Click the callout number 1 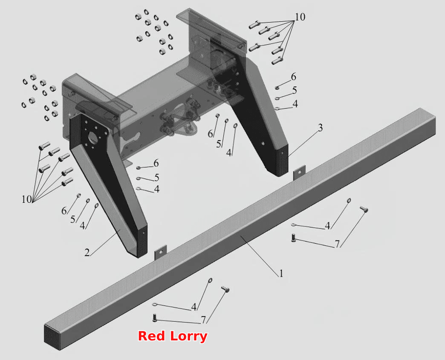pyautogui.click(x=281, y=274)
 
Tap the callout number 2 pyautogui.click(x=87, y=252)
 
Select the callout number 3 pyautogui.click(x=320, y=128)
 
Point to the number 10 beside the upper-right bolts pyautogui.click(x=300, y=17)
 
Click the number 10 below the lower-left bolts pyautogui.click(x=27, y=199)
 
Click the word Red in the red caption pyautogui.click(x=151, y=336)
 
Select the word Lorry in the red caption pyautogui.click(x=189, y=337)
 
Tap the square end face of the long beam pyautogui.click(x=53, y=337)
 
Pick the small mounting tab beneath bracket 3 pyautogui.click(x=299, y=173)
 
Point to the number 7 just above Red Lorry pyautogui.click(x=203, y=320)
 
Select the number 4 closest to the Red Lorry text pyautogui.click(x=194, y=307)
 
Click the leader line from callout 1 pyautogui.click(x=259, y=253)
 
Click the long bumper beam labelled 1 pyautogui.click(x=240, y=229)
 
